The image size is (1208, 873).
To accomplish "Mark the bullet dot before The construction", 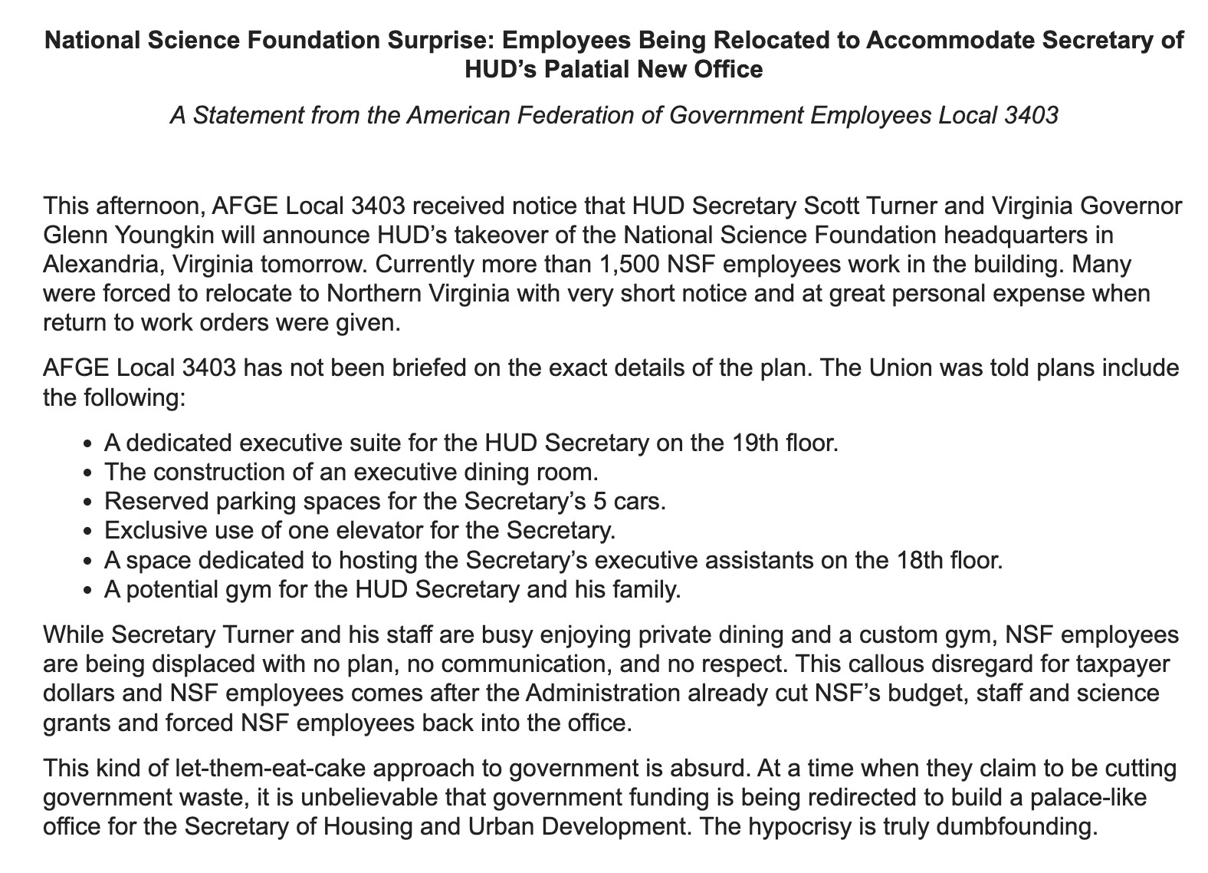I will coord(90,473).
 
